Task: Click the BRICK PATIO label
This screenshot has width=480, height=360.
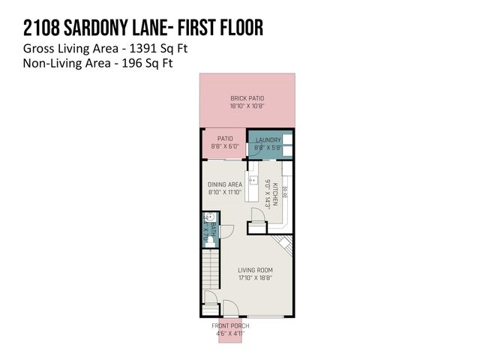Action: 247,98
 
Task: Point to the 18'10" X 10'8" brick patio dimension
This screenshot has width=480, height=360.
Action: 247,106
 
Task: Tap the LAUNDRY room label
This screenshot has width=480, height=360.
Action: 268,140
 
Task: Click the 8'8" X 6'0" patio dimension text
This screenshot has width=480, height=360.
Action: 224,147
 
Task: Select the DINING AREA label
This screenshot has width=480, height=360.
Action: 224,184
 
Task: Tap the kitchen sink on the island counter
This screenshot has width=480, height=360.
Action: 253,181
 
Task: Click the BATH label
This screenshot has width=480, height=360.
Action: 213,228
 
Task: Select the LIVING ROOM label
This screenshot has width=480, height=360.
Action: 255,271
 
